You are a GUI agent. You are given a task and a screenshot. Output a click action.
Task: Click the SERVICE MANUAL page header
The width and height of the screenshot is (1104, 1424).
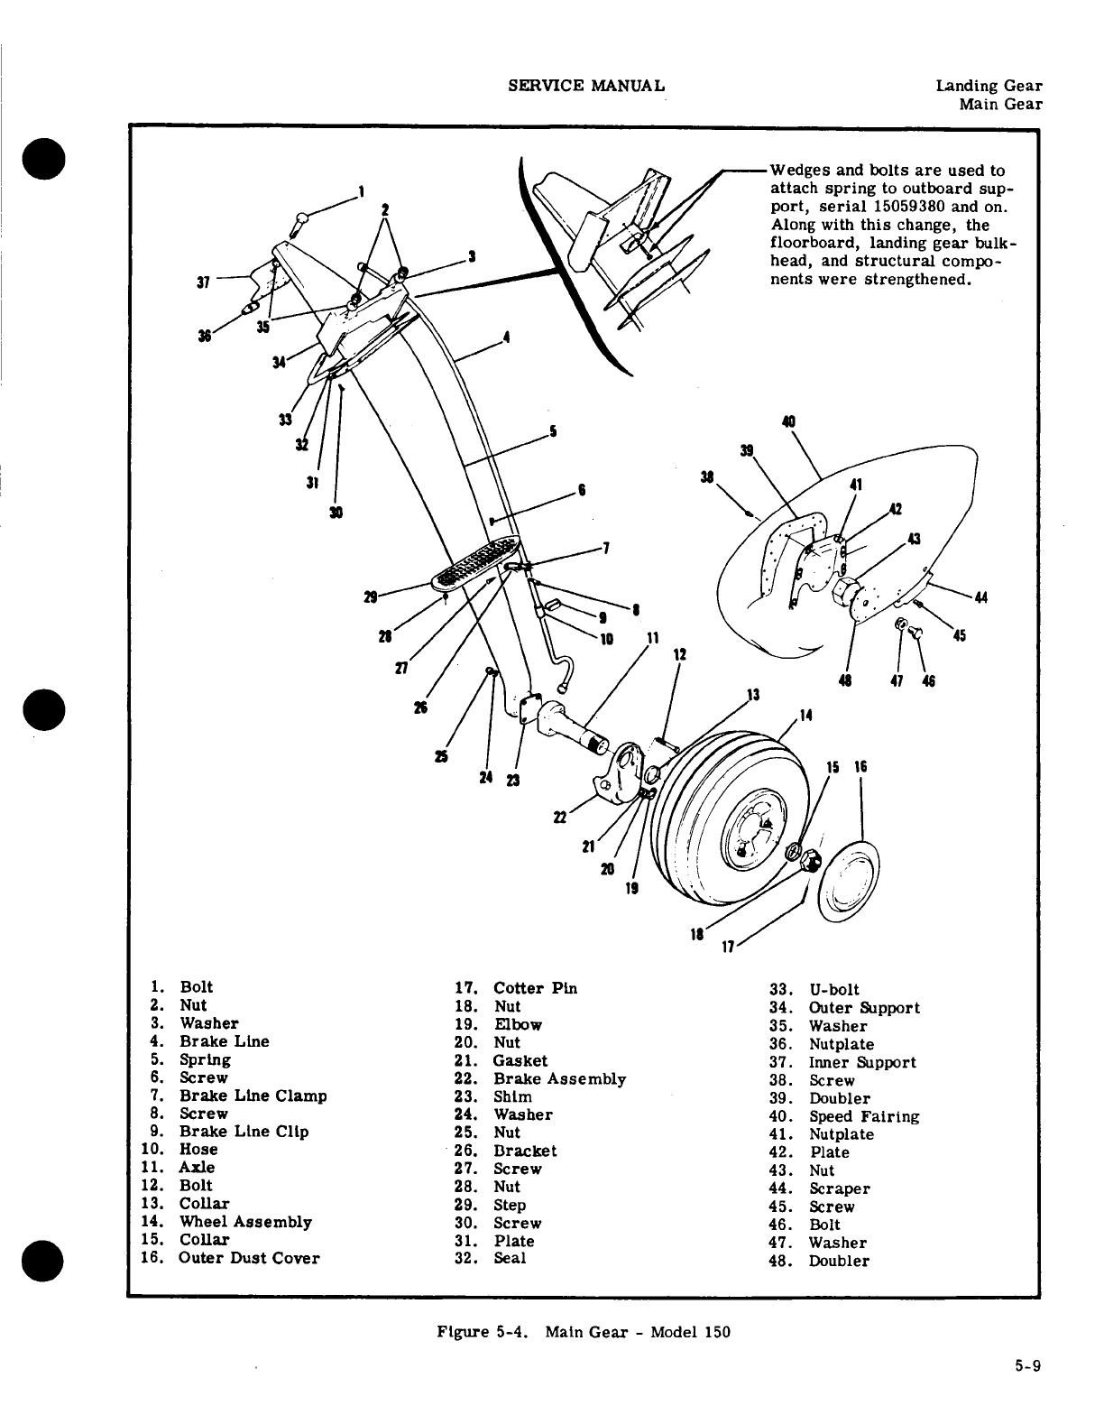pyautogui.click(x=587, y=86)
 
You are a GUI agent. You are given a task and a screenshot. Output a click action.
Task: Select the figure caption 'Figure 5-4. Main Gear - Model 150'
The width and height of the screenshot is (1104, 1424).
pyautogui.click(x=583, y=1332)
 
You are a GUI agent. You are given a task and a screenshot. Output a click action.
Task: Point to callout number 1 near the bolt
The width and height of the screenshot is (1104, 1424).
pyautogui.click(x=361, y=190)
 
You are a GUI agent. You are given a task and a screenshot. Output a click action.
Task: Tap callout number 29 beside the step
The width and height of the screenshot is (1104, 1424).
pyautogui.click(x=370, y=597)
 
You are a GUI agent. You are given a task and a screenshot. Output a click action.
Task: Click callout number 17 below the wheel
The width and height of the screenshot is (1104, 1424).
pyautogui.click(x=727, y=948)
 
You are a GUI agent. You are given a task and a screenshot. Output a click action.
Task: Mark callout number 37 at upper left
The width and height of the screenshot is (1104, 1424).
pyautogui.click(x=203, y=282)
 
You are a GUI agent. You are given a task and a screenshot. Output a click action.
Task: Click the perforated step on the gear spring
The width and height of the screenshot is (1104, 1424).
pyautogui.click(x=478, y=562)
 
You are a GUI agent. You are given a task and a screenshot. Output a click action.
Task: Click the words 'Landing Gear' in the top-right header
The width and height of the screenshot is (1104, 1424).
pyautogui.click(x=989, y=86)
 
